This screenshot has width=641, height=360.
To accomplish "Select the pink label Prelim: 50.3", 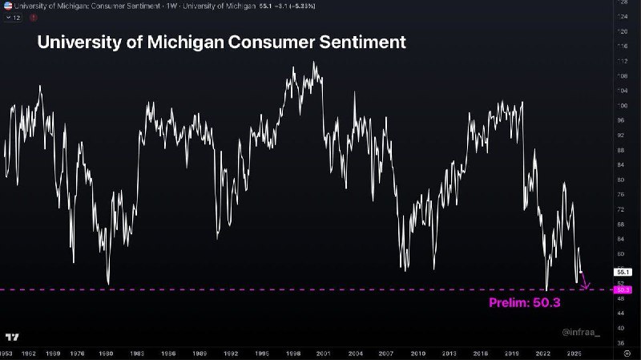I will [x=523, y=303].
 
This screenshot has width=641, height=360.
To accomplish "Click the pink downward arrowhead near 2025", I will [x=587, y=285].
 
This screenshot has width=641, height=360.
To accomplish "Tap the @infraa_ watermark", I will [x=580, y=330].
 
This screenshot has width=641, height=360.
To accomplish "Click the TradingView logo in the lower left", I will [x=12, y=337].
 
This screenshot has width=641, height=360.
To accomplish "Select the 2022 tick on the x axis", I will [x=542, y=353].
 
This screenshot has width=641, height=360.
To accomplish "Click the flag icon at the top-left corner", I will [x=6, y=5].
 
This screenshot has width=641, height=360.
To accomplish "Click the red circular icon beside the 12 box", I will [x=33, y=17].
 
